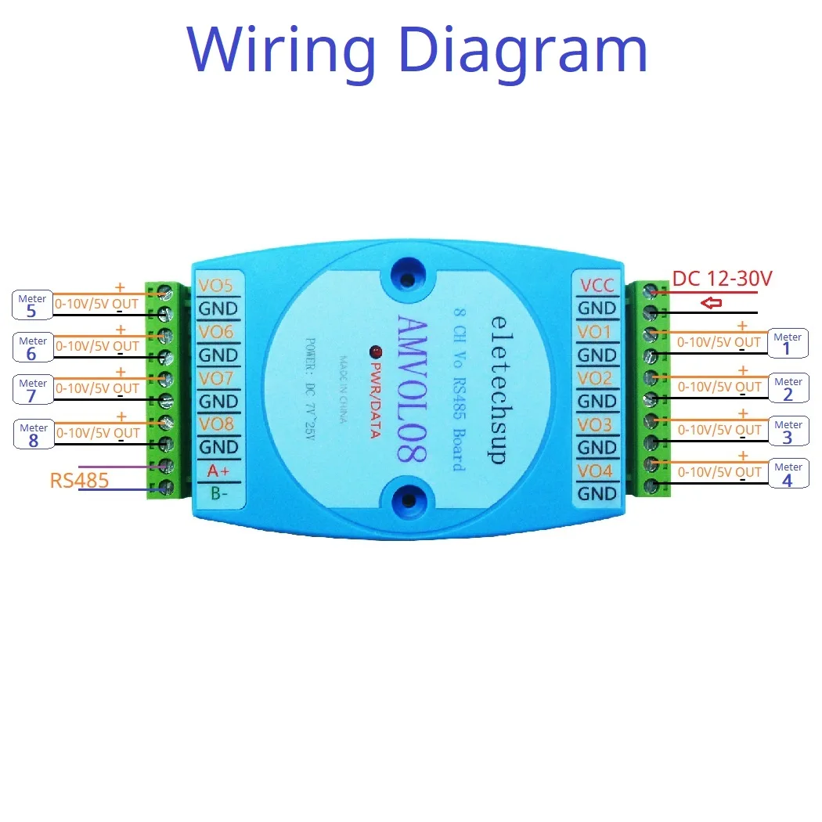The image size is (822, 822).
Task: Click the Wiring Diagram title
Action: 417,49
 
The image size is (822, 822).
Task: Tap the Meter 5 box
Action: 32,305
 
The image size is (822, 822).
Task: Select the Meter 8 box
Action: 33,434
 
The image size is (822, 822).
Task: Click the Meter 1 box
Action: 788,343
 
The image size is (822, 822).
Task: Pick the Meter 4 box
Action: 788,473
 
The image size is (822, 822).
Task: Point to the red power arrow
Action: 711,303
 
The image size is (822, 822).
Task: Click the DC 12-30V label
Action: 722,279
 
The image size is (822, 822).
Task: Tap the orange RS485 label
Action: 79,480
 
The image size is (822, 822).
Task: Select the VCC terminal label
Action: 597,286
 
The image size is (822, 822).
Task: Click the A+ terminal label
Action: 217,471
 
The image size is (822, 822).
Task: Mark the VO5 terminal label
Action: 216,286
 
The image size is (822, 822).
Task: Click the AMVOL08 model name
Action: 412,388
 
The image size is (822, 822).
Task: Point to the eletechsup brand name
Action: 496,389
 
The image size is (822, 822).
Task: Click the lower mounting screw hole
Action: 407,501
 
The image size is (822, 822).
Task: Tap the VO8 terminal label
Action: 216,424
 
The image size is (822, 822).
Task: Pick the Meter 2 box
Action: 788,388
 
